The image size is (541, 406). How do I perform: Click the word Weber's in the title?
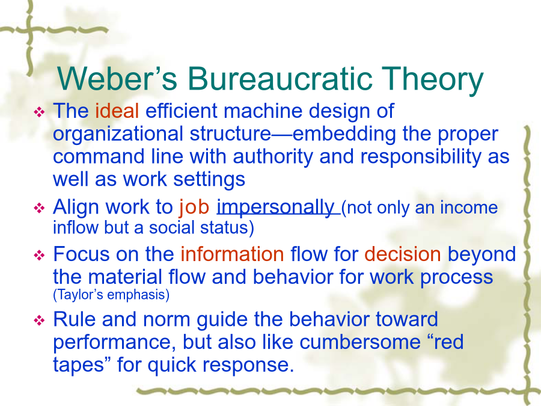tap(117, 79)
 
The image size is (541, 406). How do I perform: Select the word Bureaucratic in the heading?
tap(280, 79)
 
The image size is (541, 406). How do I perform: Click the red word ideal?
tap(117, 111)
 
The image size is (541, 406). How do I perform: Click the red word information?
tap(232, 254)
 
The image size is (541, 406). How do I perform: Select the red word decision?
tap(403, 254)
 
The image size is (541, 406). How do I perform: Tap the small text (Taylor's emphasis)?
tap(111, 295)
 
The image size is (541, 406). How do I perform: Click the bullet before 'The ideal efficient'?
tap(39, 112)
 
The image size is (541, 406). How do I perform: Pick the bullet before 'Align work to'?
tap(39, 208)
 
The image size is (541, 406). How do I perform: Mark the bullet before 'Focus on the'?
tap(39, 256)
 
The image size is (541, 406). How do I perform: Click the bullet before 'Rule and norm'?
tap(39, 321)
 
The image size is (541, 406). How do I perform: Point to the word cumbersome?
tap(360, 342)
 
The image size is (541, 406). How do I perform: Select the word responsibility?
tap(421, 158)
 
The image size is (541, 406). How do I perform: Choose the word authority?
tap(272, 158)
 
